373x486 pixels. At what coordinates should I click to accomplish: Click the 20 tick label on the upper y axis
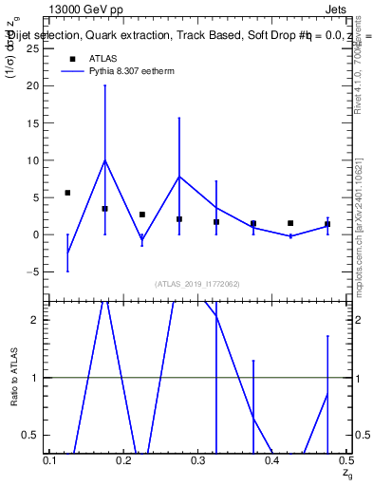[36, 85]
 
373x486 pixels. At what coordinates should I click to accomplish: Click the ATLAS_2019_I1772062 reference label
[197, 283]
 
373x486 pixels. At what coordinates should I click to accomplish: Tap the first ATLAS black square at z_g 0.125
[67, 193]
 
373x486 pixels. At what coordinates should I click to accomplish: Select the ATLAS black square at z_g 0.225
[141, 215]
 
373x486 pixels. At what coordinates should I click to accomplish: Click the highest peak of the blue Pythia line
[104, 159]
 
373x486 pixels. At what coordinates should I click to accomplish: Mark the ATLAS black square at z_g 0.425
[290, 223]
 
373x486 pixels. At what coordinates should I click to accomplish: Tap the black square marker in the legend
[72, 59]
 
